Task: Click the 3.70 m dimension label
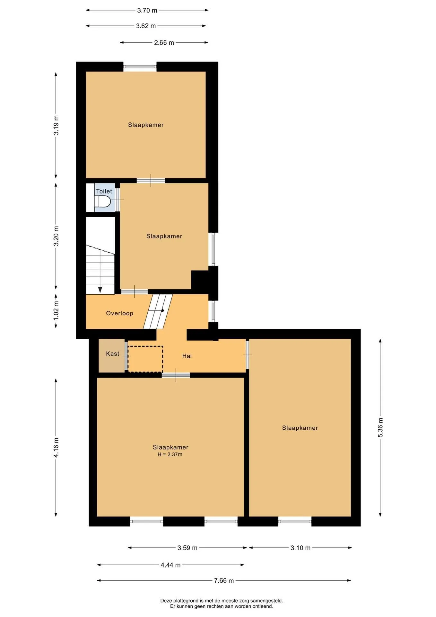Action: click(147, 10)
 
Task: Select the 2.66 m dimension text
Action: click(164, 43)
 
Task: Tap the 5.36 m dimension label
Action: click(380, 427)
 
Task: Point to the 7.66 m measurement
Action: click(224, 581)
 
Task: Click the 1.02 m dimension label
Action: click(56, 310)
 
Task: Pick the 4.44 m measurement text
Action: click(170, 565)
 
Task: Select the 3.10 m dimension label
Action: click(301, 548)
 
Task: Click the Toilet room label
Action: click(104, 191)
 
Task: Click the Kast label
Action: click(113, 353)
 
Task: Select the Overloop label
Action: click(120, 313)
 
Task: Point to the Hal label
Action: click(187, 356)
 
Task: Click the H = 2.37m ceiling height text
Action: click(170, 454)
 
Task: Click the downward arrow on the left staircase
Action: click(100, 290)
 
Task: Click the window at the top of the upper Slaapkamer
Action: click(140, 67)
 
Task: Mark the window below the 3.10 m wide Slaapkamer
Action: click(295, 521)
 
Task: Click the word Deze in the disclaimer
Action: click(166, 601)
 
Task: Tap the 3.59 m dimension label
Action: click(187, 548)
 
